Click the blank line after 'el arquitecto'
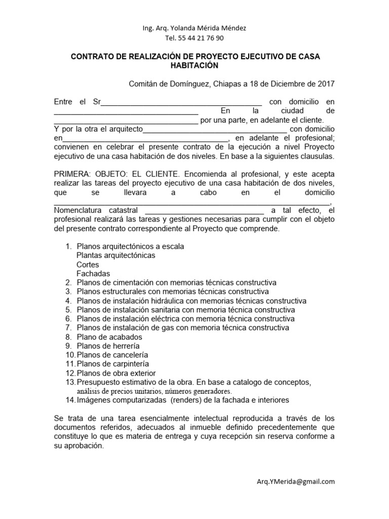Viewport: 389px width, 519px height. coord(215,129)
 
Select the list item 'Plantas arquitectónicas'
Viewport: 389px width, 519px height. coord(116,255)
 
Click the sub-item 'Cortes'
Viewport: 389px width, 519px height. coord(88,265)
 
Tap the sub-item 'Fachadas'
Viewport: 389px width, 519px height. coord(93,274)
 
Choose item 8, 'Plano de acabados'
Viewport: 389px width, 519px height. coord(109,337)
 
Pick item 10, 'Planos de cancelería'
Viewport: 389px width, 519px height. coord(112,355)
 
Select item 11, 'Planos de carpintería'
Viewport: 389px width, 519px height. coord(113,364)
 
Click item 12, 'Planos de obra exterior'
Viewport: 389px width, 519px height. coord(116,373)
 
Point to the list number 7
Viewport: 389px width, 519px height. coord(68,328)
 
